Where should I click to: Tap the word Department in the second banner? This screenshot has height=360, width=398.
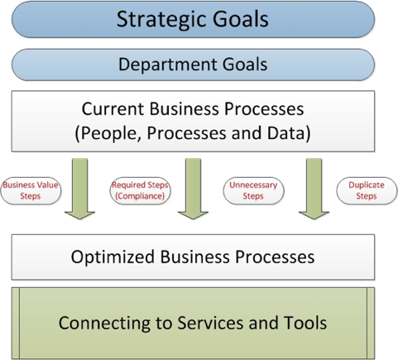[168, 65]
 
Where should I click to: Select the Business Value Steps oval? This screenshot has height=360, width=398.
[31, 190]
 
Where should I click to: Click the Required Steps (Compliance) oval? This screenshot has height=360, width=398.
[140, 190]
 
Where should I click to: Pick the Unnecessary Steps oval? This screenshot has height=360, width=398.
[253, 190]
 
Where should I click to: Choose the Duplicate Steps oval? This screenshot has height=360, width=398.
[367, 190]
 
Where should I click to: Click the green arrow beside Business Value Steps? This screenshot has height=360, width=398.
[79, 189]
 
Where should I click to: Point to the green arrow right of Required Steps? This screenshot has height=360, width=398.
[193, 189]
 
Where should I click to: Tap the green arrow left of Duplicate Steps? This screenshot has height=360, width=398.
[314, 189]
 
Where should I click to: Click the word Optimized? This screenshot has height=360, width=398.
[113, 257]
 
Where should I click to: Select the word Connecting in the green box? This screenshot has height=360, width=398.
[104, 323]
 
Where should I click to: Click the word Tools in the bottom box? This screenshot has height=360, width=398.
[305, 323]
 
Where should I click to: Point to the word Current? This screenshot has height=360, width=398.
[113, 108]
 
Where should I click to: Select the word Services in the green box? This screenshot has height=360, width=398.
[210, 323]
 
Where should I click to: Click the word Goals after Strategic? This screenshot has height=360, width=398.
[241, 19]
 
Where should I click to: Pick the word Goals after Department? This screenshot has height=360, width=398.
[245, 65]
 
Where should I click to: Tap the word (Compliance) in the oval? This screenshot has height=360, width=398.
[140, 196]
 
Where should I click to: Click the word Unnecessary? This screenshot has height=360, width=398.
[253, 185]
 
